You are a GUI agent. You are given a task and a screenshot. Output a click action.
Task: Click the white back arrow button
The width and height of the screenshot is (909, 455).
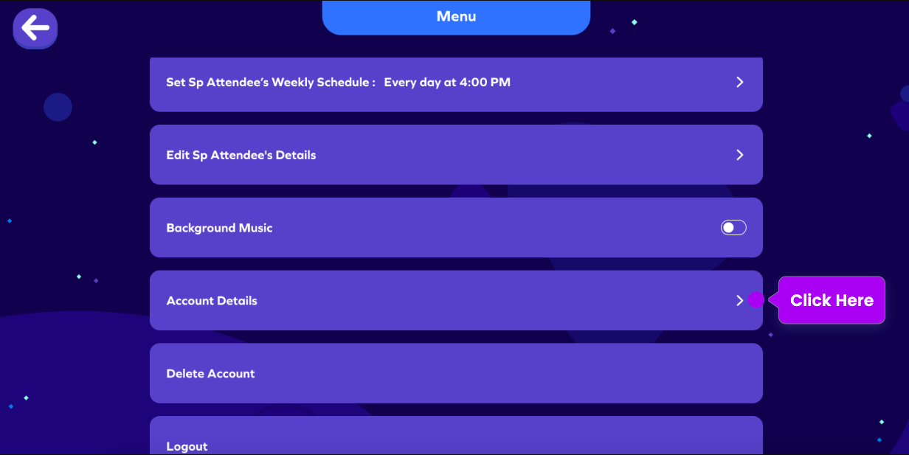(x=35, y=28)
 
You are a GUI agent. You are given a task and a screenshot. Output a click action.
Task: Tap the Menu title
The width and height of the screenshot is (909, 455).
(x=456, y=17)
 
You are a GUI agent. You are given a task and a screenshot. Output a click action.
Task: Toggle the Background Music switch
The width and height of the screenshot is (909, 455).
(x=733, y=227)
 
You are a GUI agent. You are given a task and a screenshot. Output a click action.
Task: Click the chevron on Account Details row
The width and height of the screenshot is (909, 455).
(x=740, y=300)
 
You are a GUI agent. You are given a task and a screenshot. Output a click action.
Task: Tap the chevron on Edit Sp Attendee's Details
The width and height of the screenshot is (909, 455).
(x=740, y=155)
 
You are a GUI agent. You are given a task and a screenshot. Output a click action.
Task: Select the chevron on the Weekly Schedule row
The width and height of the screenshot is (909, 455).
(x=740, y=83)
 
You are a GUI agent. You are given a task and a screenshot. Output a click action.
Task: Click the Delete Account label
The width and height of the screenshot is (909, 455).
(x=210, y=373)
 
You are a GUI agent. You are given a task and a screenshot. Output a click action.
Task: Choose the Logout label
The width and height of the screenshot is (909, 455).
(x=187, y=446)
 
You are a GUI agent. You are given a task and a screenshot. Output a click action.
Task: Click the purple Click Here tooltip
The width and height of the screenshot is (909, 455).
(x=832, y=300)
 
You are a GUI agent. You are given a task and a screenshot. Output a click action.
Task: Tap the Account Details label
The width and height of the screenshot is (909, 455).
(x=212, y=301)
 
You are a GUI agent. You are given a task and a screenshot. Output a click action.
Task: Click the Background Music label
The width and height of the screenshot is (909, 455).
(x=219, y=228)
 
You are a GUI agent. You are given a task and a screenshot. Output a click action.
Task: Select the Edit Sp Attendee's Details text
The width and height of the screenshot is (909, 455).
(x=241, y=156)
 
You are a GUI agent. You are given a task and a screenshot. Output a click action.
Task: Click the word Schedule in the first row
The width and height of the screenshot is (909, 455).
(x=343, y=83)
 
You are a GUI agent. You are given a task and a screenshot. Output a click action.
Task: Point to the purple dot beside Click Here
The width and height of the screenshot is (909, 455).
(x=756, y=300)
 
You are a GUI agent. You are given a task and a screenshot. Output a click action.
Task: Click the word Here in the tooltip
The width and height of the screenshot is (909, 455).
(x=855, y=300)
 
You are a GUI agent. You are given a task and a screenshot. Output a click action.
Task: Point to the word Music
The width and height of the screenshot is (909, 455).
(x=255, y=228)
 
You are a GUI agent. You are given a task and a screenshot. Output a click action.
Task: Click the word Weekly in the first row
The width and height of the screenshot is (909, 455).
(x=293, y=83)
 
